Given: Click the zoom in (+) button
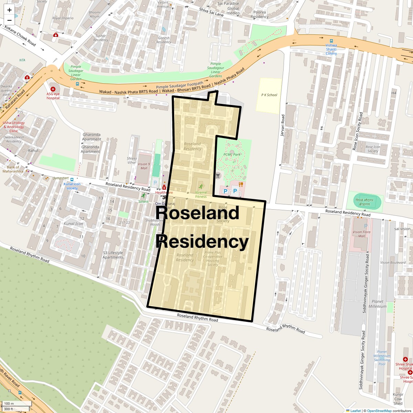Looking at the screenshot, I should click(x=9, y=10).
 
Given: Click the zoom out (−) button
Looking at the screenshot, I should click(x=9, y=20).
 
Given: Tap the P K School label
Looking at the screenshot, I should click(x=269, y=95).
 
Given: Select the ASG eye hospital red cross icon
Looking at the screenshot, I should click(x=53, y=89).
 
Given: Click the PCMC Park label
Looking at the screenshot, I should click(x=232, y=155).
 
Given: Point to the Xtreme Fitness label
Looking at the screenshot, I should click(x=201, y=195).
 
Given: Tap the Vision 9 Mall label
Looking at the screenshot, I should click(x=144, y=166).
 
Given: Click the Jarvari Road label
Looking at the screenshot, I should click(x=283, y=125).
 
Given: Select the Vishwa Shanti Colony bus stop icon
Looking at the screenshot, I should click(x=331, y=41).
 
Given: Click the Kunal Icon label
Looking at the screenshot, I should click(x=73, y=224).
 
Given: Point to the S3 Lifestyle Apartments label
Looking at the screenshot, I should click(x=113, y=255).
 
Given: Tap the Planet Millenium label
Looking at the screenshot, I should click(x=378, y=304).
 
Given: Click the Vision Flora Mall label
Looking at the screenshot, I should click(x=361, y=234).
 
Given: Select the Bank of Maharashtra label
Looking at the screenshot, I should click(x=13, y=169).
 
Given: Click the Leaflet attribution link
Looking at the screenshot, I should click(x=356, y=411).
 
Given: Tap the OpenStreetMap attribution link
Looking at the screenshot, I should click(x=379, y=411).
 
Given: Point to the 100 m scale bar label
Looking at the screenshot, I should click(x=9, y=404).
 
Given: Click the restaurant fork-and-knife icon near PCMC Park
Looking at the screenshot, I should click(x=241, y=184).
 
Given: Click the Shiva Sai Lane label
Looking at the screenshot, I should click(x=211, y=12).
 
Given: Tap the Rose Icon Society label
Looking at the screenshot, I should click(x=373, y=149).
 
